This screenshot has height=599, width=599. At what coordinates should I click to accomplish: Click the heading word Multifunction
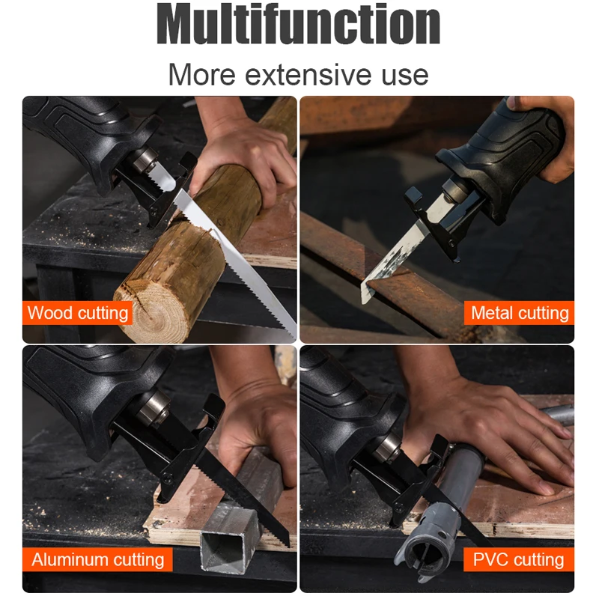298,24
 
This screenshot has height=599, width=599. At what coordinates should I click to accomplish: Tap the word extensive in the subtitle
308,75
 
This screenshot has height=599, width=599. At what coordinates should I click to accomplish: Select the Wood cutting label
78,313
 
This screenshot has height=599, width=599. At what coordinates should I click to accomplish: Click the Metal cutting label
519,313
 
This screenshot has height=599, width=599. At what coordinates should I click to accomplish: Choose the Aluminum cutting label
98,559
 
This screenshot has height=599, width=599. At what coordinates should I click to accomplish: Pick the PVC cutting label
519,559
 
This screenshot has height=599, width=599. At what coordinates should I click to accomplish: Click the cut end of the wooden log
153,309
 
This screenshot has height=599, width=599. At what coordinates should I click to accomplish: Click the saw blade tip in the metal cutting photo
364,301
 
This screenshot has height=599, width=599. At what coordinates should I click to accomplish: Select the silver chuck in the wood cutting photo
146,159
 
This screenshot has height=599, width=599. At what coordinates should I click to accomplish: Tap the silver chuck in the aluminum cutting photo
153,408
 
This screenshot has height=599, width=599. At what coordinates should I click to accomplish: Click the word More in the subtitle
201,75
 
